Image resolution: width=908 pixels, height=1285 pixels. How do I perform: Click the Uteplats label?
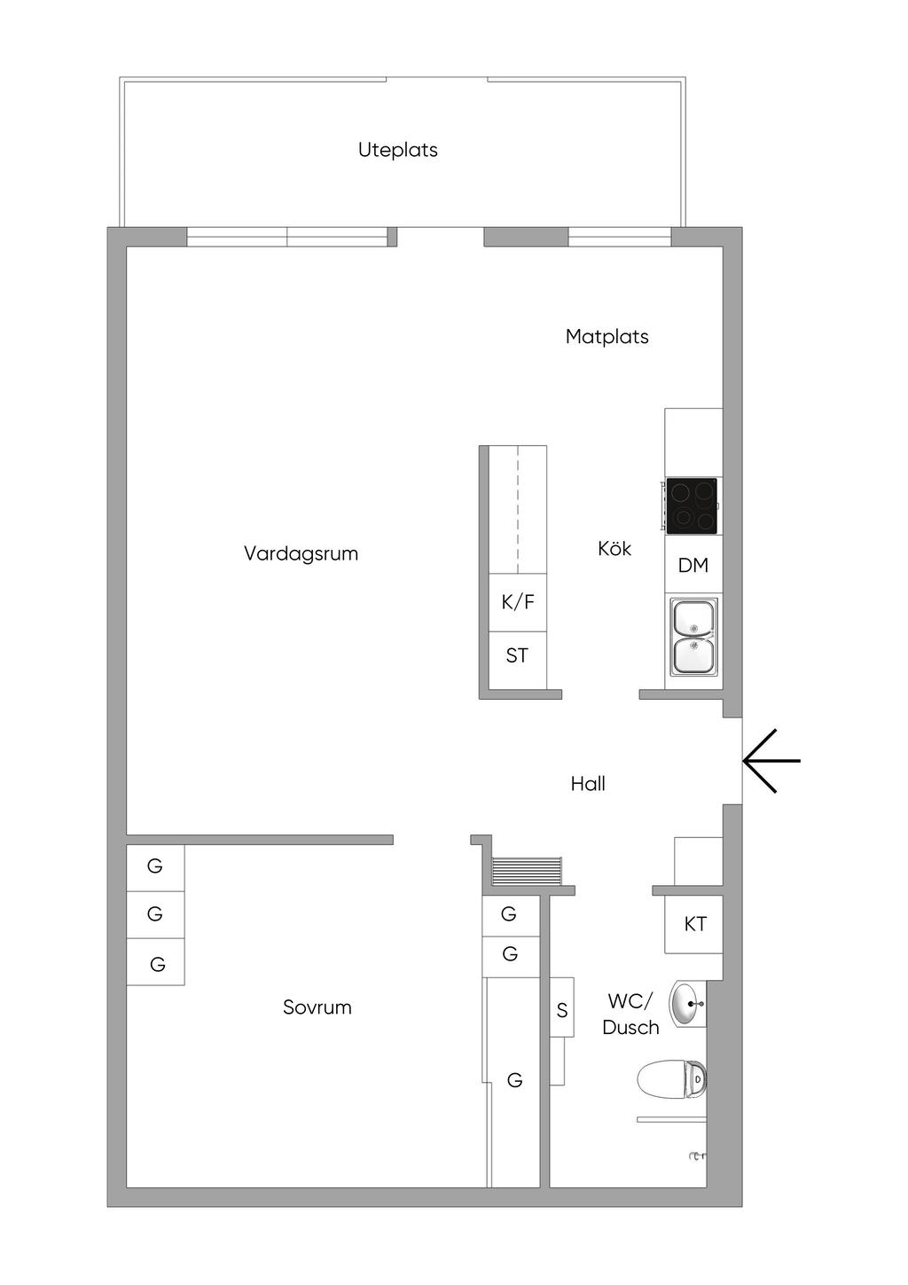[x=397, y=150]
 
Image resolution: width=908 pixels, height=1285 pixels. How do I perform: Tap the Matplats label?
[x=607, y=336]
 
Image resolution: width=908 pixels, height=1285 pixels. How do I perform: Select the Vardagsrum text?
[x=301, y=553]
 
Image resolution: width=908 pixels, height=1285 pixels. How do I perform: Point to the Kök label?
[x=614, y=548]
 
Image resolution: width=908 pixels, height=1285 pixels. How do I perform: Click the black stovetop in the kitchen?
[x=691, y=505]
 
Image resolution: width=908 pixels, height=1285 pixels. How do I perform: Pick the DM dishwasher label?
[x=693, y=566]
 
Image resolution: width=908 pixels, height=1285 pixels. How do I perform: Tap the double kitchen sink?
[x=694, y=637]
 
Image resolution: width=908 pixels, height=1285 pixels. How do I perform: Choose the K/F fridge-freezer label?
[x=517, y=602]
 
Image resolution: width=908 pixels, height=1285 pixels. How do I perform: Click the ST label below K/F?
[x=517, y=655]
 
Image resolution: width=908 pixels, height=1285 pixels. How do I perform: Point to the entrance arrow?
[x=771, y=761]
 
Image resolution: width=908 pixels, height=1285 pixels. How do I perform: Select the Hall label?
[x=588, y=784]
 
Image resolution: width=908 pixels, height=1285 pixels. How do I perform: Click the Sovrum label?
[x=317, y=1007]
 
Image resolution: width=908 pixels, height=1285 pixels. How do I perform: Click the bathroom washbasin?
[x=687, y=1004]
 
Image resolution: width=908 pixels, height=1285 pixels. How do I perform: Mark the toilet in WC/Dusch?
[x=671, y=1079]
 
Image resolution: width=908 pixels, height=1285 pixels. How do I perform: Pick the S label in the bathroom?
[x=562, y=1010]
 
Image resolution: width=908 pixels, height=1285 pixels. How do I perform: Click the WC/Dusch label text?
[x=630, y=1014]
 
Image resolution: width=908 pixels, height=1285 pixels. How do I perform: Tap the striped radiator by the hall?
[x=527, y=871]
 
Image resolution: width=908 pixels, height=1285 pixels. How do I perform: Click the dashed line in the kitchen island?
[x=519, y=509]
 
